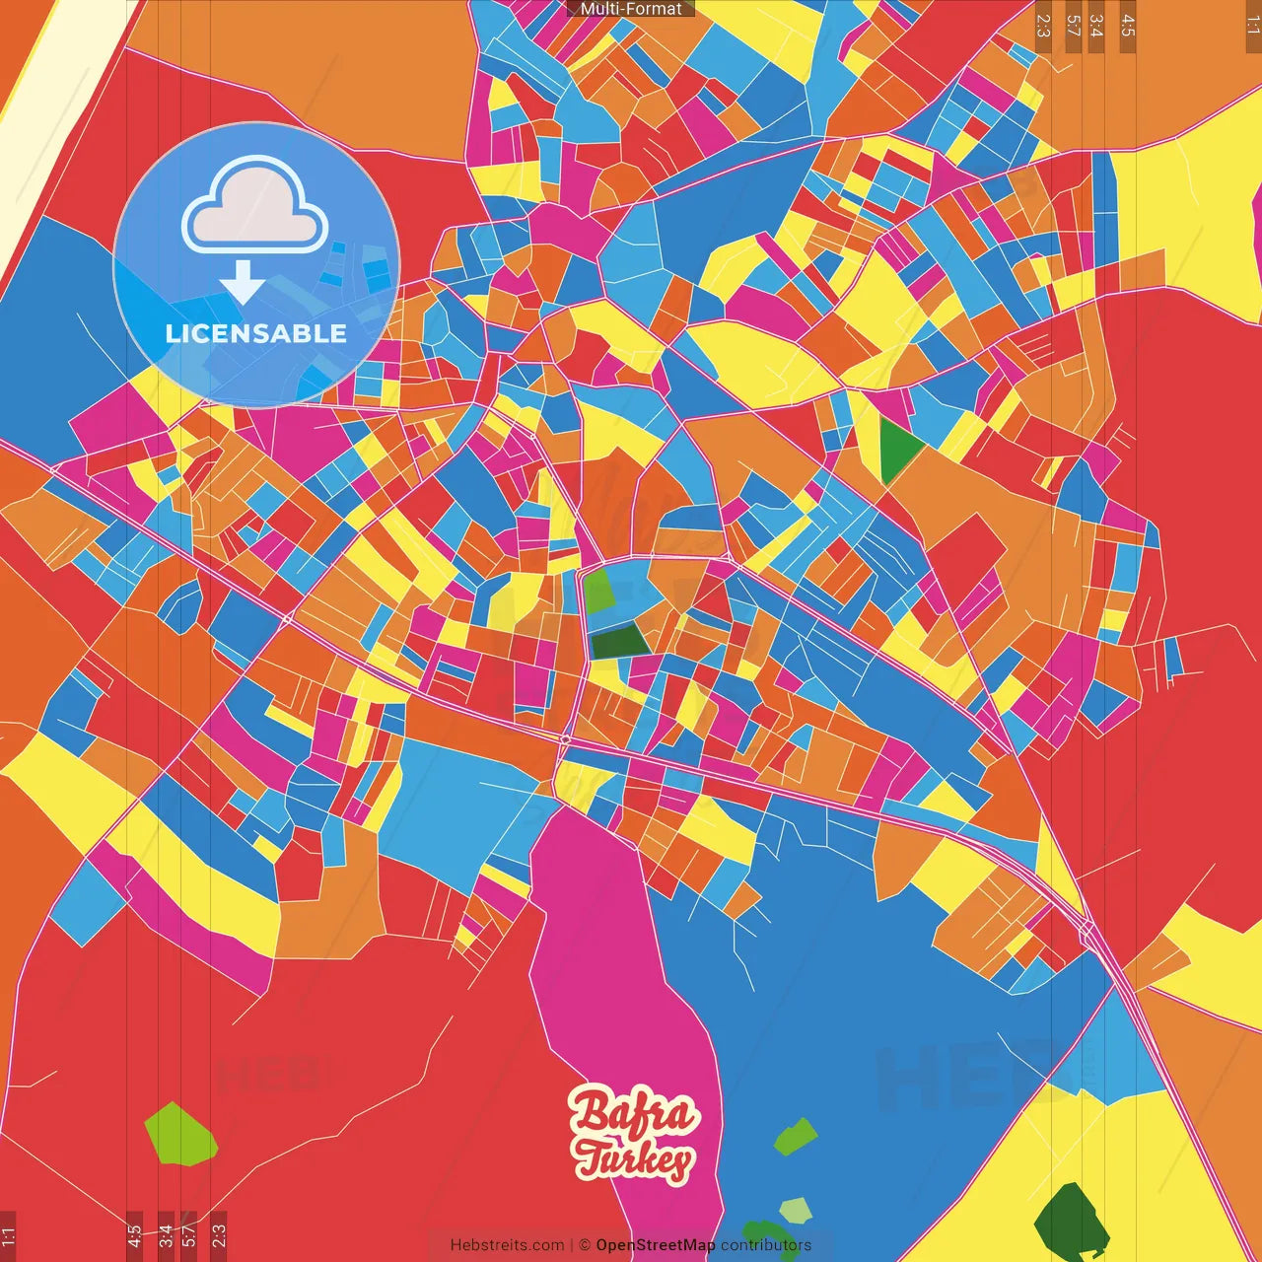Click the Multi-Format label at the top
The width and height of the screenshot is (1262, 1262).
631,9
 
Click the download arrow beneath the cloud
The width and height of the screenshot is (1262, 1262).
243,284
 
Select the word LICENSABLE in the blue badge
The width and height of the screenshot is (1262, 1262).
256,333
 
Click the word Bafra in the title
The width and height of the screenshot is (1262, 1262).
635,1113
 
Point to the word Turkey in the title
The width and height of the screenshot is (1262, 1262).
633,1159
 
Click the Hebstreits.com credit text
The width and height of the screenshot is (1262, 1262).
507,1245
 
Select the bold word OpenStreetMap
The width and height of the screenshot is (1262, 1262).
656,1245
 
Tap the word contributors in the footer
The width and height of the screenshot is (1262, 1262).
766,1245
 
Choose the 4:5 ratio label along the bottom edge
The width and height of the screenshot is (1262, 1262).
134,1236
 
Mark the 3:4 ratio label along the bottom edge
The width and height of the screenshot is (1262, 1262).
165,1236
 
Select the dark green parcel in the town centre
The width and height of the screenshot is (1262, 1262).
618,642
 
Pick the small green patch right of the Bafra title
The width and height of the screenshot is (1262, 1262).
795,1137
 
